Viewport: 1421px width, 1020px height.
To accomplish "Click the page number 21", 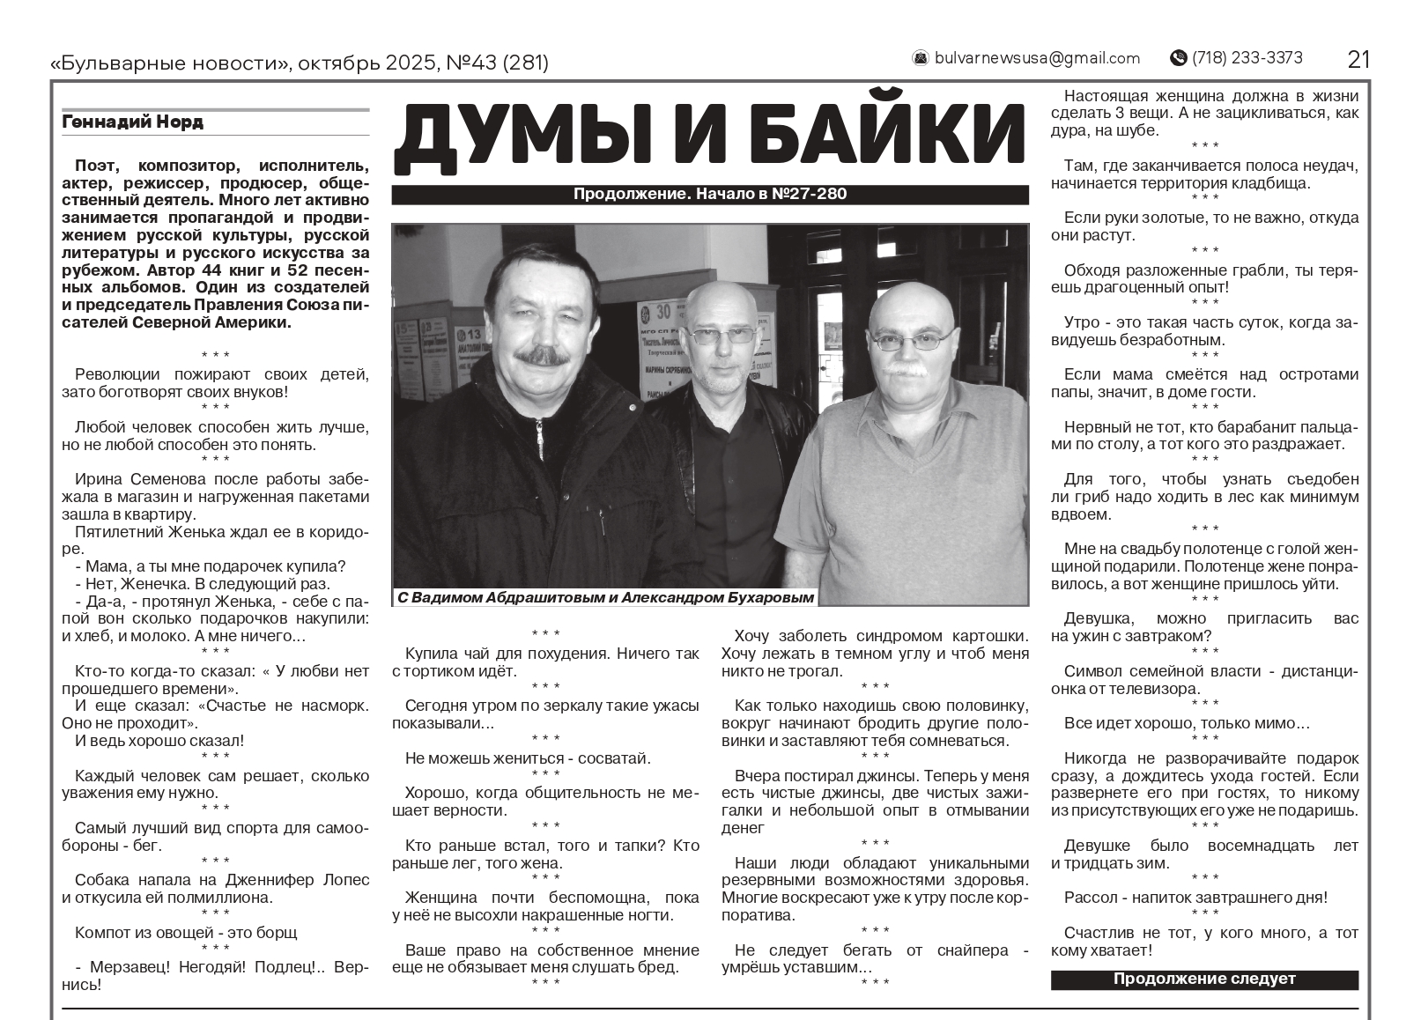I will (1358, 59).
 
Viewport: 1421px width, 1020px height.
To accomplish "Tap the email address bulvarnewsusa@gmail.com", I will (1037, 58).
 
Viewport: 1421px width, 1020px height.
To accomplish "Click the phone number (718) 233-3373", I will (1247, 58).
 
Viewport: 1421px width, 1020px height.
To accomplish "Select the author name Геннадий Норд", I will (133, 122).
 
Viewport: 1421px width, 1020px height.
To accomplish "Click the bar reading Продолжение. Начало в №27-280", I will (709, 194).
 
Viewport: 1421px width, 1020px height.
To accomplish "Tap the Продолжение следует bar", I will (1203, 979).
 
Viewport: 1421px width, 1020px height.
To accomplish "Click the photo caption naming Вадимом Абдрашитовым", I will (605, 597).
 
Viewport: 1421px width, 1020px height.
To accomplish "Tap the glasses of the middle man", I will (721, 335).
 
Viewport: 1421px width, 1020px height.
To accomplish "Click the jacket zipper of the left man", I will (539, 440).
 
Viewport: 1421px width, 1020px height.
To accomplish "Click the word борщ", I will (276, 932).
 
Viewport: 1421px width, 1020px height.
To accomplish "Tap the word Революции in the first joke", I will (117, 374).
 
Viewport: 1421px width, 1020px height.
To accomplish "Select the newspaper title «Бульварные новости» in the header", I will (170, 63).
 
